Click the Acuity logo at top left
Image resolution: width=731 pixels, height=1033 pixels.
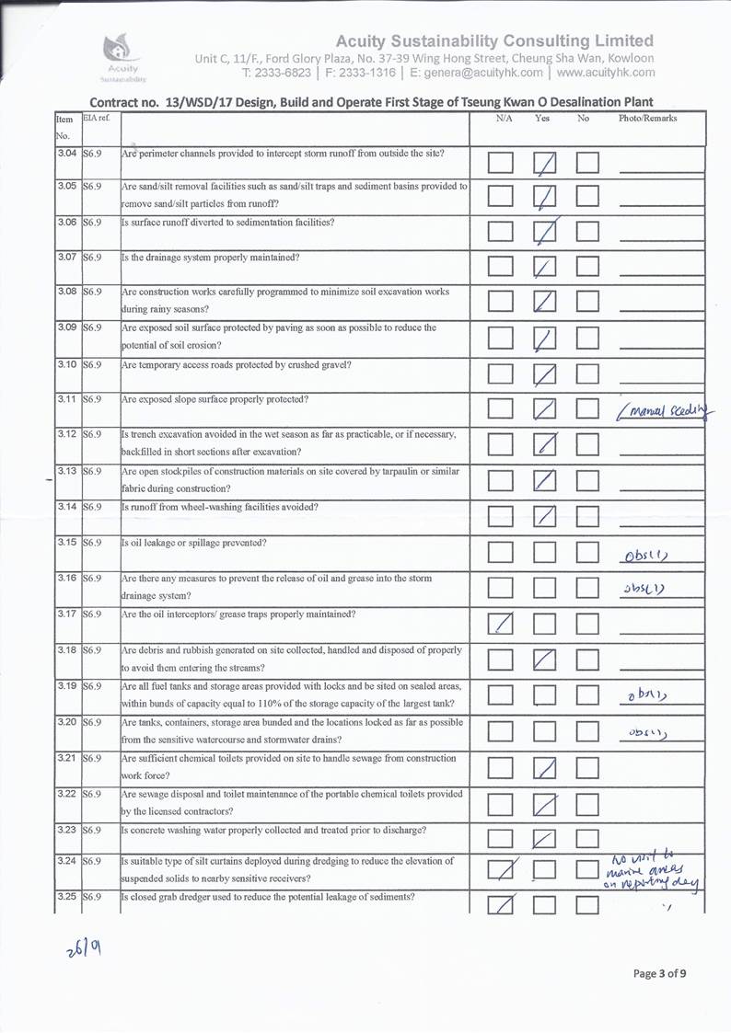point(122,56)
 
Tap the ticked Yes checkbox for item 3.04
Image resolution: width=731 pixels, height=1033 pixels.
point(546,164)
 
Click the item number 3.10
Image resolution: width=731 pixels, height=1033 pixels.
point(65,364)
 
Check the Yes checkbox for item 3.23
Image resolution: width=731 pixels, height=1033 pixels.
point(545,837)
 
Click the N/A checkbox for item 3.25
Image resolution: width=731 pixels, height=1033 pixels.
point(501,906)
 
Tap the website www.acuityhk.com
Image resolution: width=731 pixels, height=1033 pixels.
point(606,72)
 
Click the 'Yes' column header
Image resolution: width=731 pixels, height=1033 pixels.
point(542,119)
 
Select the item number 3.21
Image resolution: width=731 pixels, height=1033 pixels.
point(65,758)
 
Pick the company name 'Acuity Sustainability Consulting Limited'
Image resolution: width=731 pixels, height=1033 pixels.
point(494,40)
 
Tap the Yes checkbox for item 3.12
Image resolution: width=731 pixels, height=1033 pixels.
point(545,445)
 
